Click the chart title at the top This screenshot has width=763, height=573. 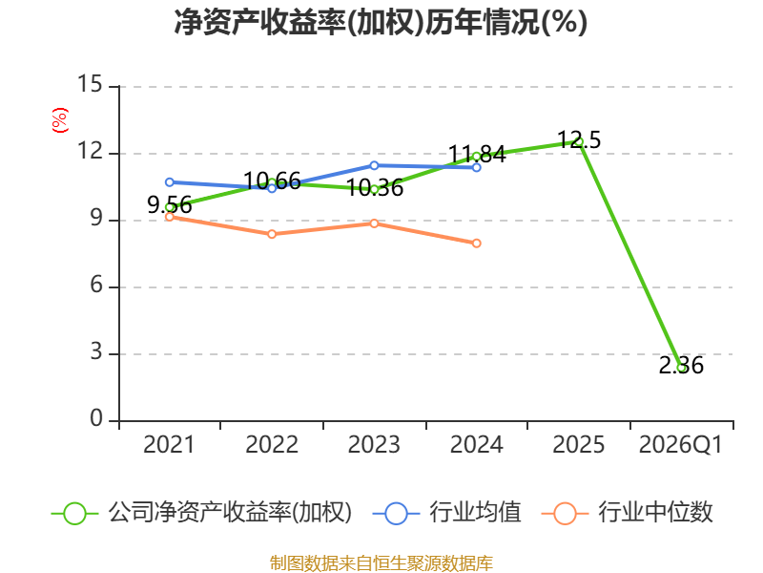[381, 22]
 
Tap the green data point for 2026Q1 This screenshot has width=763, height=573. [682, 368]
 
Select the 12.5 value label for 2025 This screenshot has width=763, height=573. [579, 139]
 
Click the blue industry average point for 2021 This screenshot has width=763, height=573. [170, 182]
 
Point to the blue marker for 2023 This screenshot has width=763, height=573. [374, 165]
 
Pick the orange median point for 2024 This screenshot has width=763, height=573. [476, 244]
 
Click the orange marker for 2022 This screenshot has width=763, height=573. [272, 234]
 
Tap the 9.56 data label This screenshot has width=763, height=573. [170, 205]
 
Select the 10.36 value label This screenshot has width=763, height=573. [375, 188]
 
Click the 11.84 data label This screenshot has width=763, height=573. [477, 155]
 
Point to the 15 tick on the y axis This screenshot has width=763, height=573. [90, 84]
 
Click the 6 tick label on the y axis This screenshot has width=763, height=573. [96, 285]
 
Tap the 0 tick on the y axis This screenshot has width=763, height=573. [96, 418]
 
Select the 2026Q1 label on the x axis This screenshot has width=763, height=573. [681, 445]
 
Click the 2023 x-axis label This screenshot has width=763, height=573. [374, 445]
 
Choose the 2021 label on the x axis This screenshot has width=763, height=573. [169, 445]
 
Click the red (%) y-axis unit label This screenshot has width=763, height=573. [60, 120]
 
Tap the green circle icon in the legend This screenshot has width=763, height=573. [75, 514]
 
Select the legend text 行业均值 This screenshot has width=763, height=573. [475, 513]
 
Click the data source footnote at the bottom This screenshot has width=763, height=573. [381, 563]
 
